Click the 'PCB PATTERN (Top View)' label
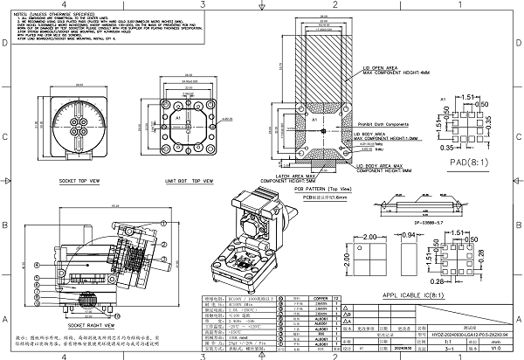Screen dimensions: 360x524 point(322,188)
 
